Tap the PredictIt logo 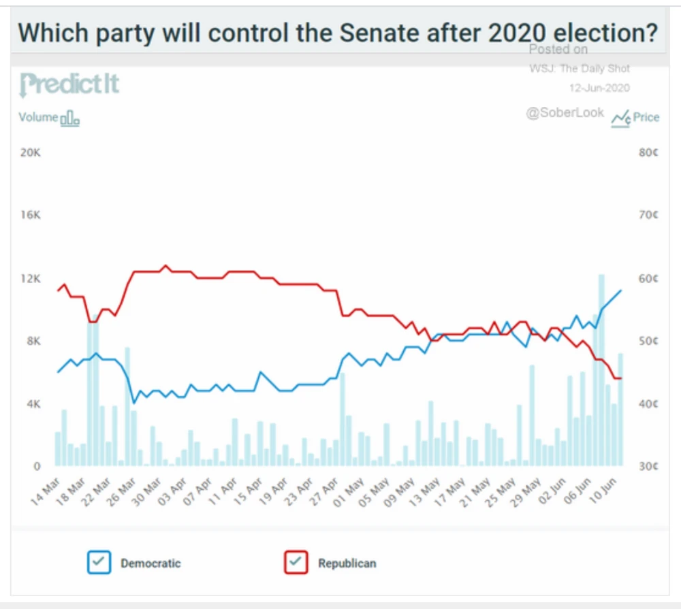point(70,84)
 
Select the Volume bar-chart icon point(70,119)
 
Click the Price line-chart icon point(620,118)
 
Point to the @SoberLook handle point(565,113)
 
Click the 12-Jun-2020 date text point(599,88)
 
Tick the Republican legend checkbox point(296,563)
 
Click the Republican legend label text point(347,563)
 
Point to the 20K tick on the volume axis point(31,152)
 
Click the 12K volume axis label point(31,278)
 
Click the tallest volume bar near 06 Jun point(601,371)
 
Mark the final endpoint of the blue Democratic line point(621,291)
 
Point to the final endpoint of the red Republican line point(621,378)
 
